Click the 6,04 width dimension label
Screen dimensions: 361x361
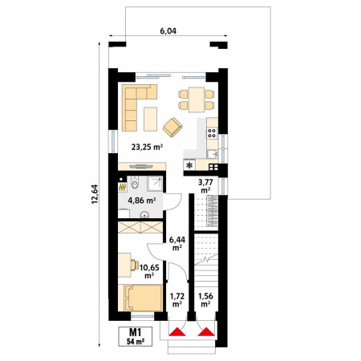pyautogui.click(x=168, y=31)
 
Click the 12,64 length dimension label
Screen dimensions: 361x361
pyautogui.click(x=95, y=194)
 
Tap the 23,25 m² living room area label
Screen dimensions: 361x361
pyautogui.click(x=147, y=147)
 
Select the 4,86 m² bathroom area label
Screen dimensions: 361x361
pyautogui.click(x=142, y=201)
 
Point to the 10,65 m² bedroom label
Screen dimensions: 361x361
pyautogui.click(x=149, y=271)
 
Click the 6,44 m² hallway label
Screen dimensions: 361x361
pyautogui.click(x=176, y=243)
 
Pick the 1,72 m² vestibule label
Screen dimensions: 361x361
pyautogui.click(x=177, y=300)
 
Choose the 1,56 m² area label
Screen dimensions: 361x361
pyautogui.click(x=205, y=300)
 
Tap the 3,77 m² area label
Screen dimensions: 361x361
pyautogui.click(x=205, y=186)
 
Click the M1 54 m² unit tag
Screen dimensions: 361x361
pyautogui.click(x=136, y=336)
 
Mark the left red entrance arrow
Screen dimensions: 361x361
pyautogui.click(x=177, y=331)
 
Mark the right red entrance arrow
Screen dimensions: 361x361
pyautogui.click(x=206, y=331)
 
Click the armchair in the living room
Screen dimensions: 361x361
pyautogui.click(x=172, y=128)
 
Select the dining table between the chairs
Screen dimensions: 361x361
pyautogui.click(x=197, y=99)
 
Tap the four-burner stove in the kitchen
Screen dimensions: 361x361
pyautogui.click(x=212, y=133)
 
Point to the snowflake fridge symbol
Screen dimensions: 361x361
pyautogui.click(x=189, y=165)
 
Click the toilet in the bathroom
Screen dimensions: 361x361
pyautogui.click(x=135, y=183)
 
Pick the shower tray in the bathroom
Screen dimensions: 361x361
pyautogui.click(x=155, y=184)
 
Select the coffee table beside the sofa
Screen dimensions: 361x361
pyautogui.click(x=150, y=119)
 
